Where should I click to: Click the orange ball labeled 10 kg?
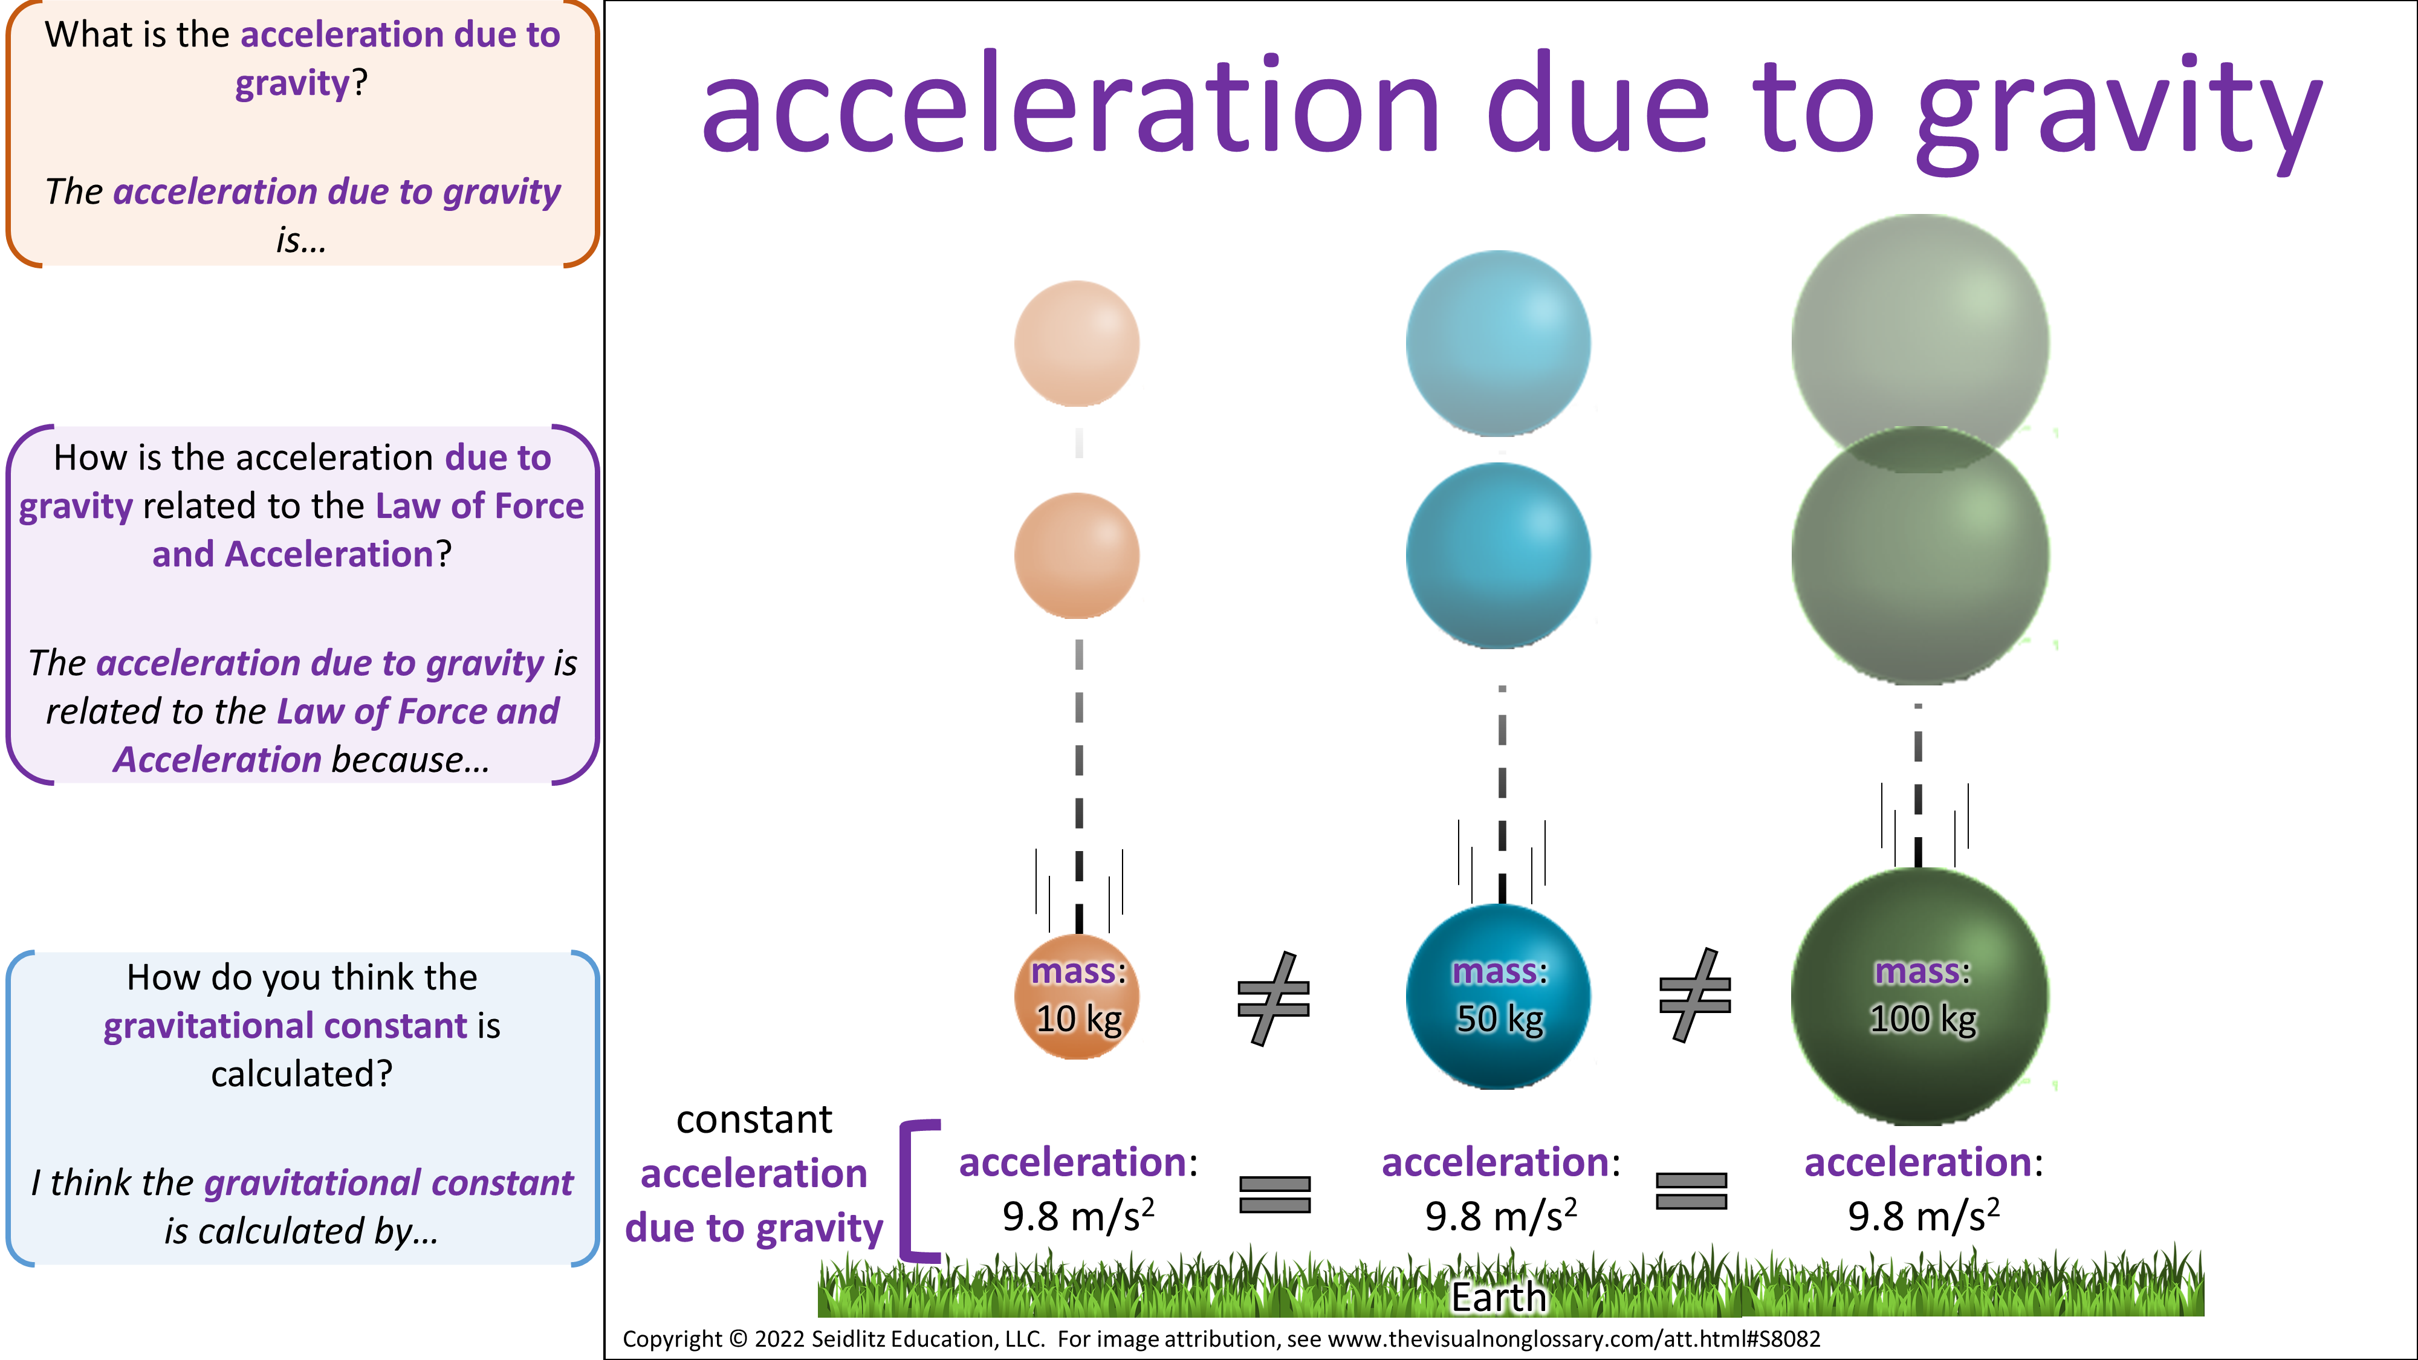(x=1078, y=996)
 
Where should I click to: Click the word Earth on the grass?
(x=1499, y=1297)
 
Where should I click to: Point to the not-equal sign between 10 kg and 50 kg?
(x=1274, y=998)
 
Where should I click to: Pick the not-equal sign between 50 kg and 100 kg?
(x=1695, y=995)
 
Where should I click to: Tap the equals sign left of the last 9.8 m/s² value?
(x=1691, y=1191)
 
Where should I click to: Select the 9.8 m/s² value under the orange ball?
(x=1078, y=1216)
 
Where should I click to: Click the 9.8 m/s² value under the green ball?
(x=1924, y=1216)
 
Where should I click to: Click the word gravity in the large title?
(x=2119, y=112)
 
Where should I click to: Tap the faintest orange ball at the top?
(x=1078, y=343)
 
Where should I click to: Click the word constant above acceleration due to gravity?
(x=754, y=1119)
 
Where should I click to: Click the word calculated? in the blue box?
(x=301, y=1073)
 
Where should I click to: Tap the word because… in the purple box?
(x=410, y=759)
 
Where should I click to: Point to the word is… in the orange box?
(x=301, y=241)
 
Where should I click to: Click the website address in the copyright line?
(x=1574, y=1339)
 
